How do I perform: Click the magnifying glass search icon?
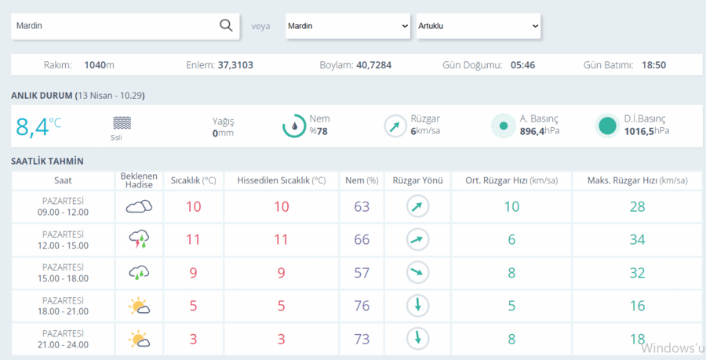[226, 25]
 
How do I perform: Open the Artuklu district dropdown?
[479, 26]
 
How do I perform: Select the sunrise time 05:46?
[522, 65]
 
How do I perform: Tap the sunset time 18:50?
[653, 65]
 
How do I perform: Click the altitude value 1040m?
[99, 65]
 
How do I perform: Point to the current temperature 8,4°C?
[38, 126]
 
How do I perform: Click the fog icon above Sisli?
[122, 123]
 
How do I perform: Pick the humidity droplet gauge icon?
[294, 126]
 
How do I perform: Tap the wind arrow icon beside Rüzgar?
[395, 126]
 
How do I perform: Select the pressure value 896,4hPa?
[540, 132]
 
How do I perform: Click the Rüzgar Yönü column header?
[418, 180]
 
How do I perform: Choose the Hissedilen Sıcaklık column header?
[282, 180]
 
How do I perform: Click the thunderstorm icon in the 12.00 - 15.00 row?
[139, 239]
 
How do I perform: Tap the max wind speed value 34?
[637, 239]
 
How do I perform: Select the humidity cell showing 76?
[362, 306]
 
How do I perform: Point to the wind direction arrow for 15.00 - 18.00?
[418, 272]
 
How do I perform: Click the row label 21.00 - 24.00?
[63, 344]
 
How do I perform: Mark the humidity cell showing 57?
[362, 273]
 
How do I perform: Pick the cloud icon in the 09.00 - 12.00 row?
[139, 206]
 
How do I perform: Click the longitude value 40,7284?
[373, 65]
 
